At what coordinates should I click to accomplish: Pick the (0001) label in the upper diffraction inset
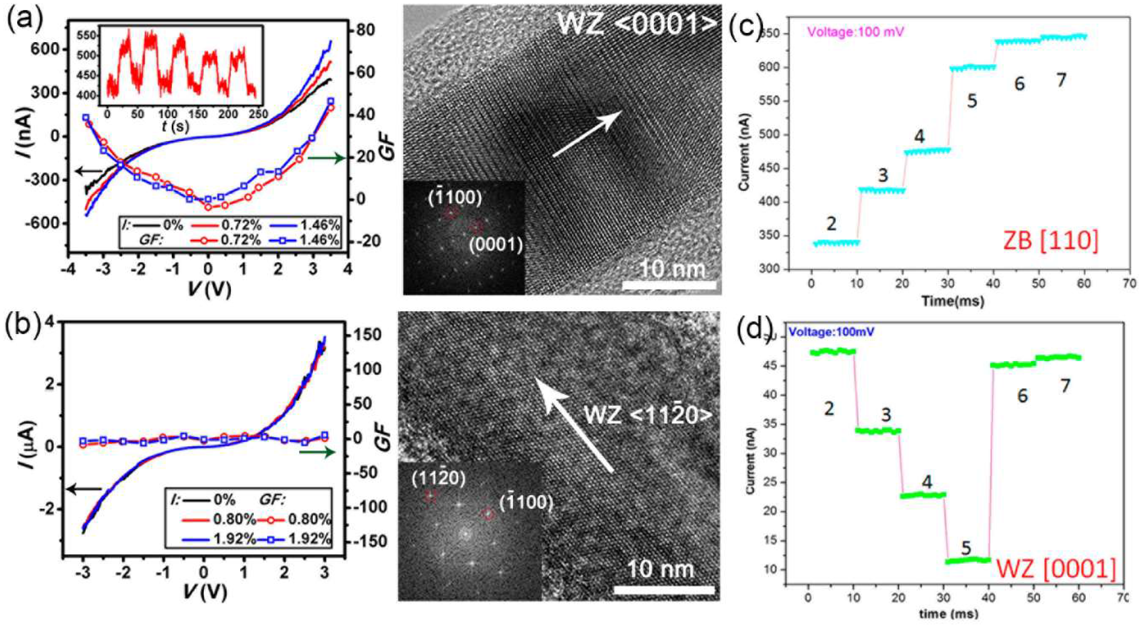click(x=496, y=244)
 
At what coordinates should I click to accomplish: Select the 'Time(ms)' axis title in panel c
click(x=952, y=301)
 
